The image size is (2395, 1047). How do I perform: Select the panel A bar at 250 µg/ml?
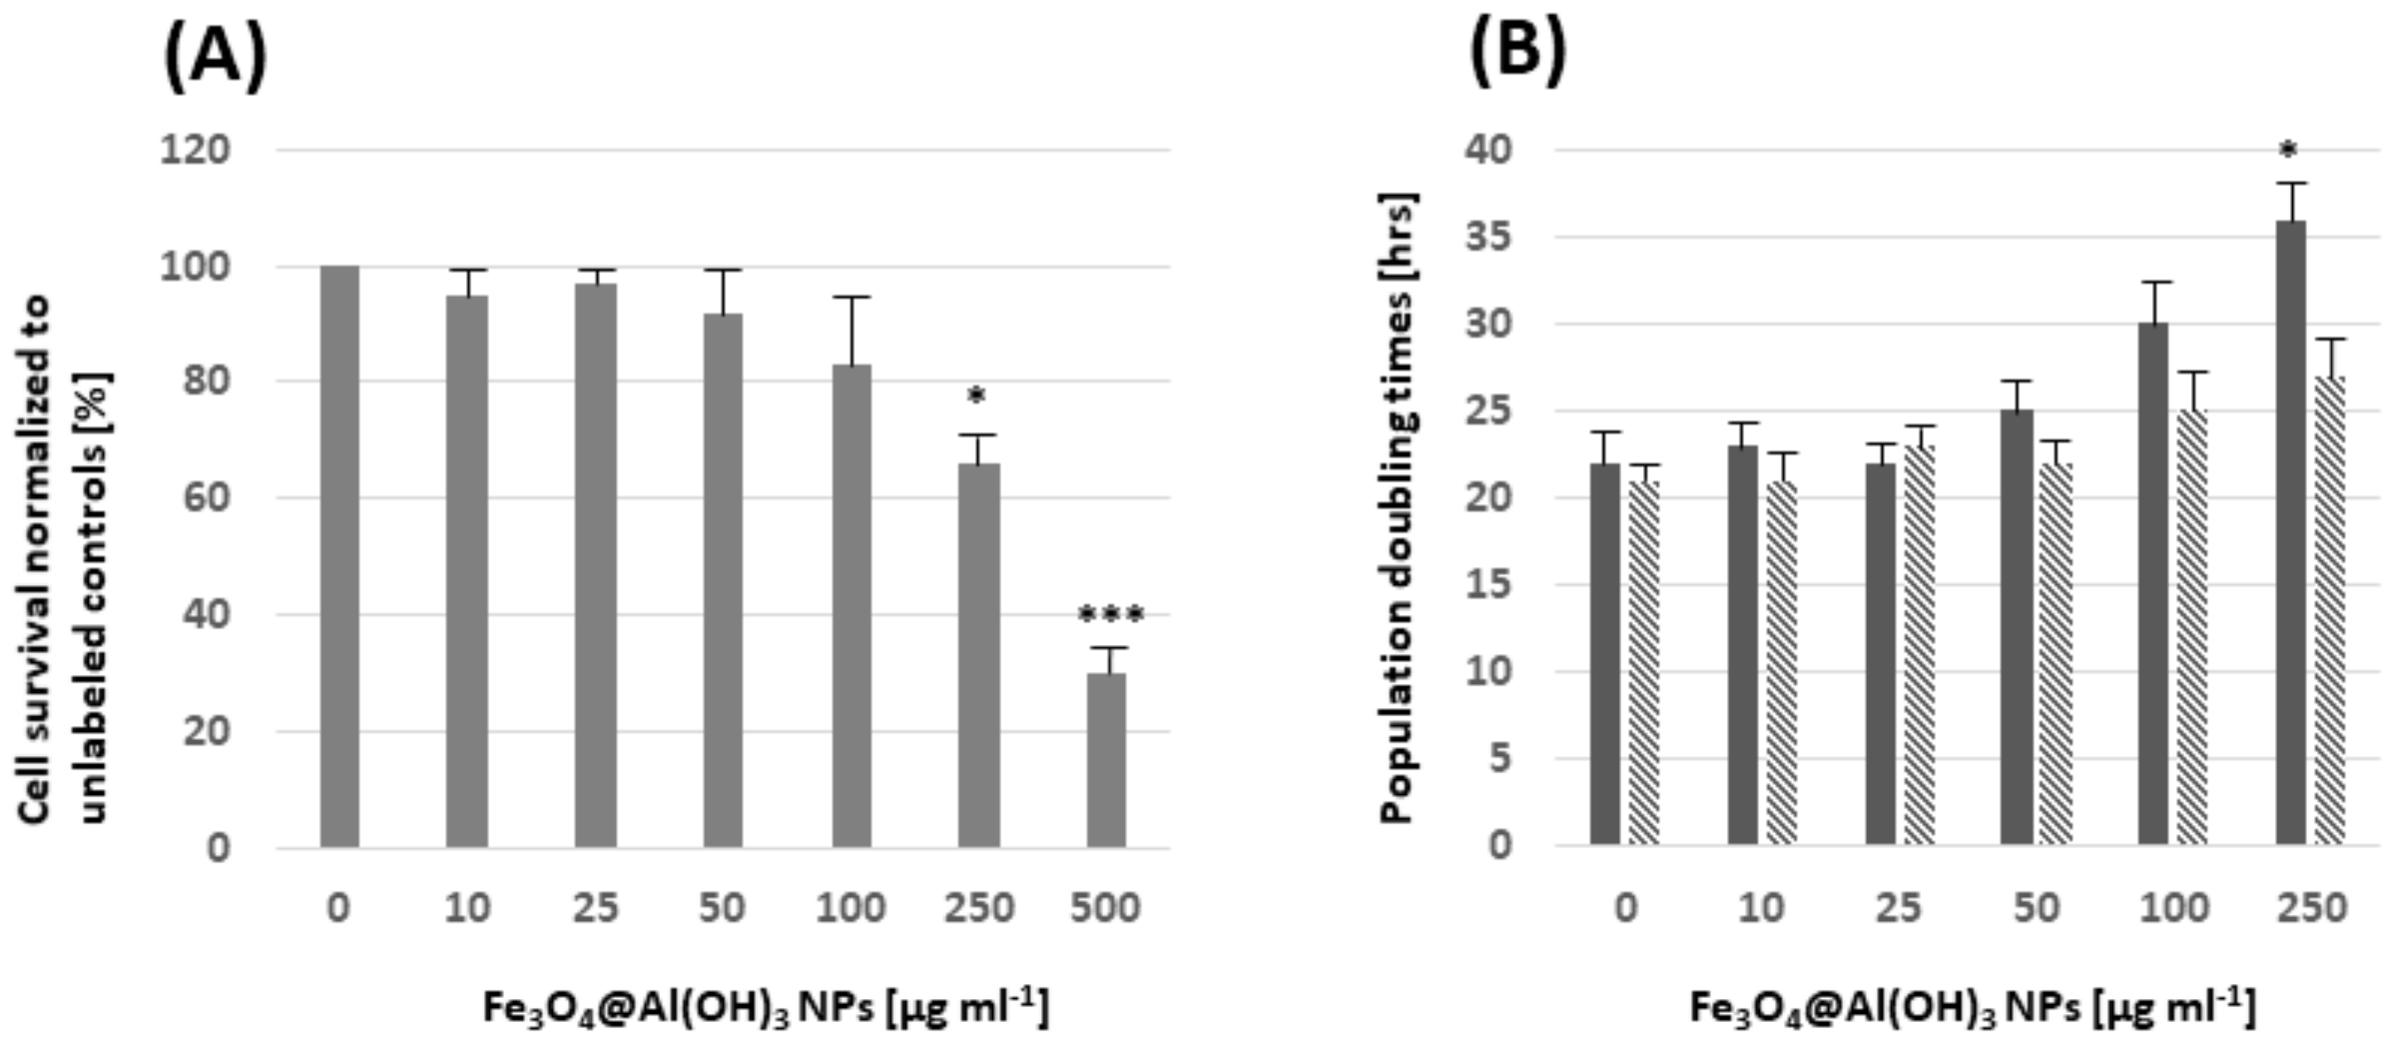[979, 656]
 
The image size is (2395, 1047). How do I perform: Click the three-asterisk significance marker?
[1110, 617]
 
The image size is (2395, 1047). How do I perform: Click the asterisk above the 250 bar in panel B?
[2288, 151]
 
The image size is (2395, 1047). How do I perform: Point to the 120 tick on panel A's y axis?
[196, 150]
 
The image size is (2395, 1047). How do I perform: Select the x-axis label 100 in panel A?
[850, 908]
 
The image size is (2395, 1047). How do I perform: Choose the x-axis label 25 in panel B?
[1897, 908]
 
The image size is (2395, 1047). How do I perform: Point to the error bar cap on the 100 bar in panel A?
[851, 298]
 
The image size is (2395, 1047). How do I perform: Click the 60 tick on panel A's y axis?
[206, 498]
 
